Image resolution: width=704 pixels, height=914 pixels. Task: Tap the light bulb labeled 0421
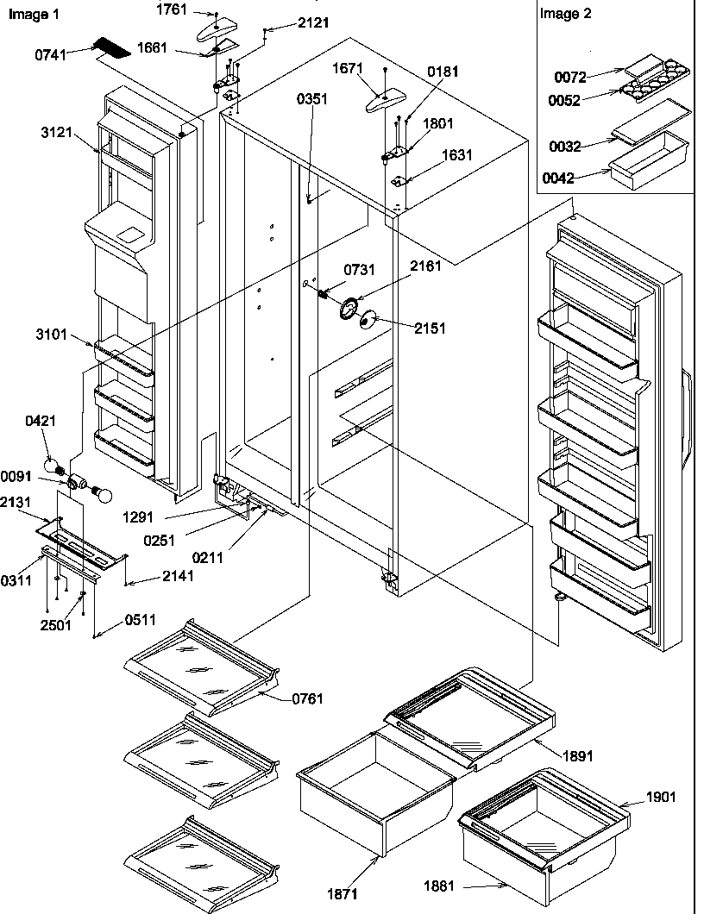[x=57, y=466]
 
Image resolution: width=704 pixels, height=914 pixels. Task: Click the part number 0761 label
[x=306, y=698]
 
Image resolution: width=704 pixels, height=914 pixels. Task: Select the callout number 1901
[x=660, y=797]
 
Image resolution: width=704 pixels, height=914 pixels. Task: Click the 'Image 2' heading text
[x=565, y=14]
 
